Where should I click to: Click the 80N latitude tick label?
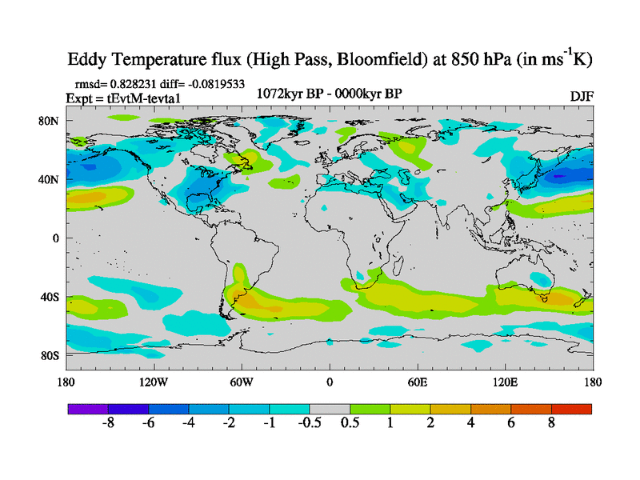tap(50, 121)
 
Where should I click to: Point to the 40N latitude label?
tap(50, 179)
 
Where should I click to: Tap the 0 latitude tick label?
tap(57, 238)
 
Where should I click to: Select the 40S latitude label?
tap(50, 297)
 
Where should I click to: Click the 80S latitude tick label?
tap(50, 355)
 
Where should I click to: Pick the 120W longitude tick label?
tap(154, 382)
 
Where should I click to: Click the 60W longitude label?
tap(242, 382)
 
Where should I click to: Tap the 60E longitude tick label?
tap(418, 382)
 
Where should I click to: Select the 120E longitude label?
tap(506, 382)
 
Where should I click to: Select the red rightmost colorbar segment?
tap(571, 409)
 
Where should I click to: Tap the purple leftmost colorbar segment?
tap(88, 409)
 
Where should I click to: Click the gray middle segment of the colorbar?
tap(330, 409)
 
